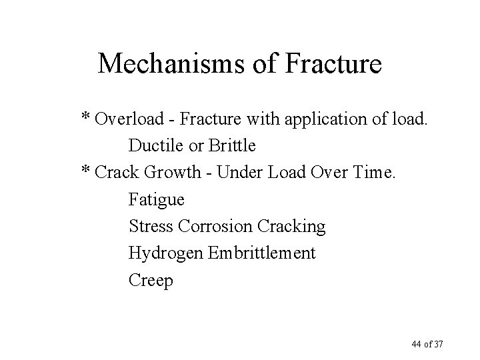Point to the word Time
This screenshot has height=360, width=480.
pos(375,172)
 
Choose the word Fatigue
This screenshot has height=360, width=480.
pos(157,199)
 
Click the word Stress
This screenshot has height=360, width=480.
pos(151,226)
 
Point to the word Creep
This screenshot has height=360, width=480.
pos(151,281)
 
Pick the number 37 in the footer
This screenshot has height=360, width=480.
pos(438,344)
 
